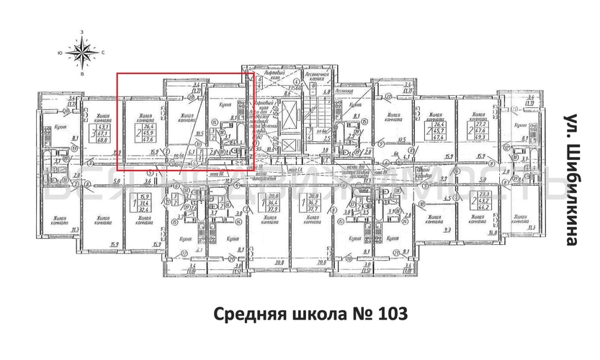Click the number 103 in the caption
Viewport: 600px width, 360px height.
point(392,315)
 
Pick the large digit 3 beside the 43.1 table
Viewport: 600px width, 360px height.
point(94,133)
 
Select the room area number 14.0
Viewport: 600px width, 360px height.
point(492,231)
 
